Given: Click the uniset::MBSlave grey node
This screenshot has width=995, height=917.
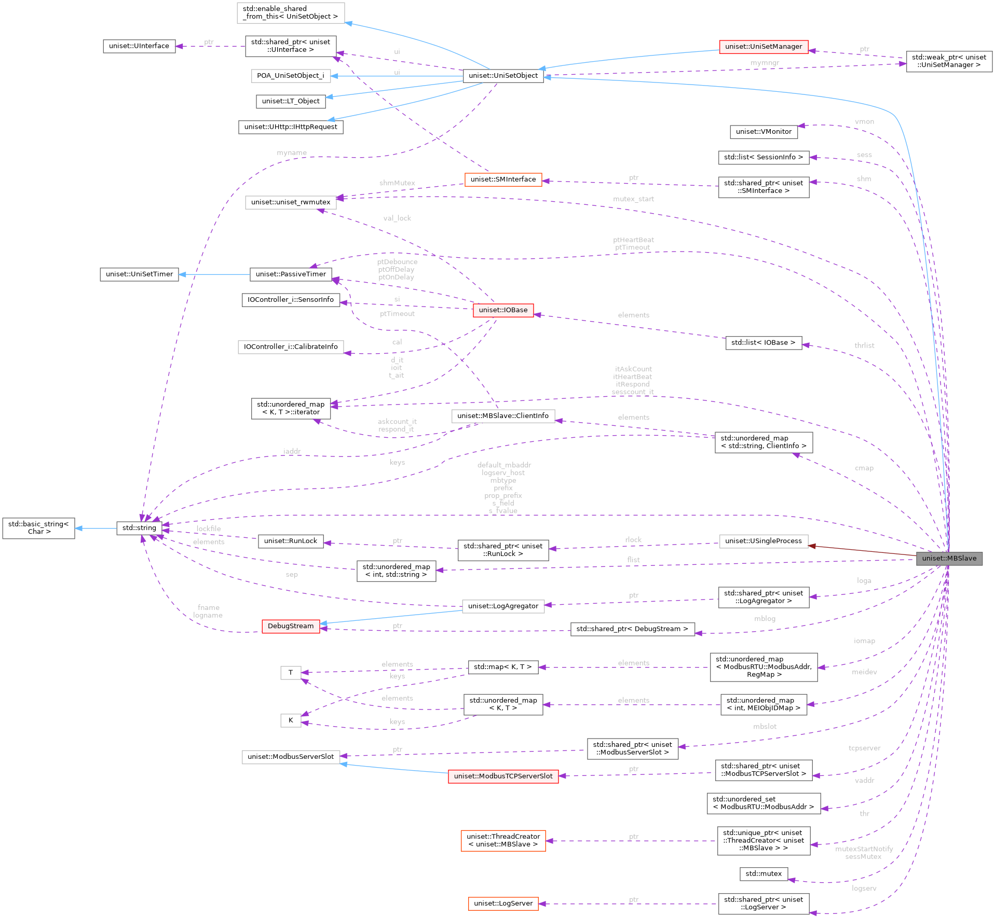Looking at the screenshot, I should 949,558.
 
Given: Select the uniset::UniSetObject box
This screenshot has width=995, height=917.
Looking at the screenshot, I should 503,76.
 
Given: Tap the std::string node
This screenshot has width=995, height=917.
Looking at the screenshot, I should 139,528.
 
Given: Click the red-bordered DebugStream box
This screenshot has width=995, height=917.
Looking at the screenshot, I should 291,626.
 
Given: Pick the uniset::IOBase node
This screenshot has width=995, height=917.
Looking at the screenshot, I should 503,310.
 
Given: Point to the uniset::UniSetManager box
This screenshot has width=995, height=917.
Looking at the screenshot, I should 764,47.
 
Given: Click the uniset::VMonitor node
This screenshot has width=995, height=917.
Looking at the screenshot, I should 764,132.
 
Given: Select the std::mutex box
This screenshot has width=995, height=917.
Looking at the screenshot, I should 764,874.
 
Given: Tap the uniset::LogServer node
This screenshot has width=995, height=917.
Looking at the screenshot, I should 503,904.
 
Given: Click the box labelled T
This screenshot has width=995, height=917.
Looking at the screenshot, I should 291,673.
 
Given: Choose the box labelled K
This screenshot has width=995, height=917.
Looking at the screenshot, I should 291,720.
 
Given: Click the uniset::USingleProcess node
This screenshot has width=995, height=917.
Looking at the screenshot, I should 764,541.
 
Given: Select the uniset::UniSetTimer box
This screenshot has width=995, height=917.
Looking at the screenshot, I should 139,274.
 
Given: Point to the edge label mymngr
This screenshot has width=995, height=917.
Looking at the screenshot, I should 765,63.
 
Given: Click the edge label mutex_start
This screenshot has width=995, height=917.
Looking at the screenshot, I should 633,199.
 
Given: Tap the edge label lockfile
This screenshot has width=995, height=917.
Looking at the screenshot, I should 209,529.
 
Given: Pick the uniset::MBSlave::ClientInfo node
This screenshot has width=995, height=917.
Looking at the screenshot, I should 503,416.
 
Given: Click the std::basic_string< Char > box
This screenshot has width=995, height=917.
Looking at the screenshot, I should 38,528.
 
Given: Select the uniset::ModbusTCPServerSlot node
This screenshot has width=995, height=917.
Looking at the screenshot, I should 503,776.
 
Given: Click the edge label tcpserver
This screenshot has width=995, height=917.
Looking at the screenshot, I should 864,748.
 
